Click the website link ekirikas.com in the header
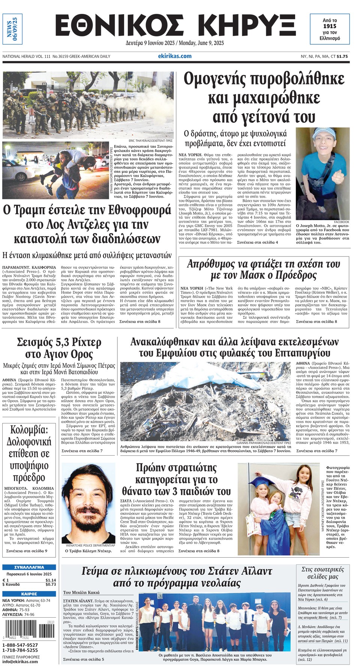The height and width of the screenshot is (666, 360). pyautogui.click(x=175, y=56)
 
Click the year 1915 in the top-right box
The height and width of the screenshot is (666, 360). pyautogui.click(x=330, y=26)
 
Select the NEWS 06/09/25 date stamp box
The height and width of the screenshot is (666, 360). pyautogui.click(x=12, y=29)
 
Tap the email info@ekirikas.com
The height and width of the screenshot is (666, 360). pyautogui.click(x=20, y=661)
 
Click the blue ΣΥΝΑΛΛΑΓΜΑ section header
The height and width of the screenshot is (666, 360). pyautogui.click(x=29, y=567)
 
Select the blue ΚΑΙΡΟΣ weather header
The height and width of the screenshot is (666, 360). pyautogui.click(x=29, y=594)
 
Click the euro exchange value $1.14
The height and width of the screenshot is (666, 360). pyautogui.click(x=51, y=580)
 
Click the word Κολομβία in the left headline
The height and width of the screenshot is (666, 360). pyautogui.click(x=29, y=430)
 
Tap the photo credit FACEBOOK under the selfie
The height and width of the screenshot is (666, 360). pyautogui.click(x=341, y=222)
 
